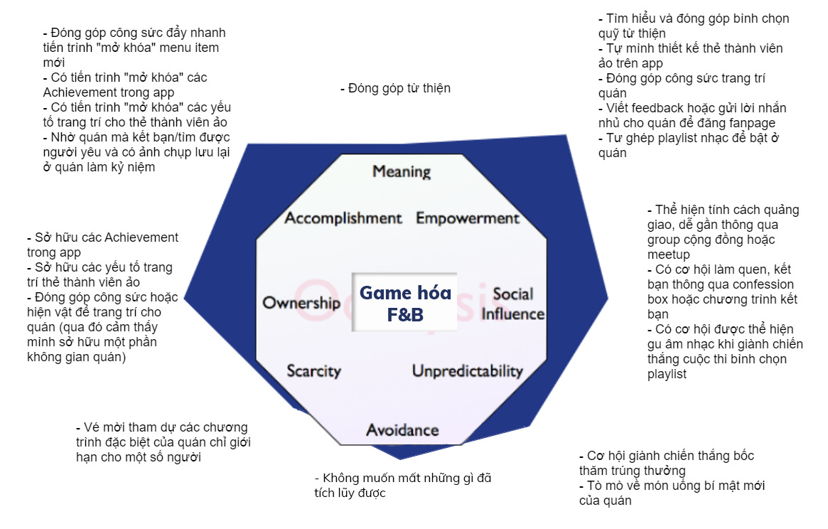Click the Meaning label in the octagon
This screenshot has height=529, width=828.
402,171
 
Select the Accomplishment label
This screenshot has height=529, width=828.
343,218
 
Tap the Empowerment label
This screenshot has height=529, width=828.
468,218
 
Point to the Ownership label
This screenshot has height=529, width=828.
301,304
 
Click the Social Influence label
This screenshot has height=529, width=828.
513,304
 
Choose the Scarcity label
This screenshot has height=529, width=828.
313,371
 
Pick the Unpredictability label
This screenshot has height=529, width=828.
467,371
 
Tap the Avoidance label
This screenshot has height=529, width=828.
402,430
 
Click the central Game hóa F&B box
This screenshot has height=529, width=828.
405,302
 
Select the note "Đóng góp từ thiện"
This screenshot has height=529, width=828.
395,88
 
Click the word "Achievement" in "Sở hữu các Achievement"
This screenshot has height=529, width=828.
141,237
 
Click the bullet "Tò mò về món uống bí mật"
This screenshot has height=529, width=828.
671,493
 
